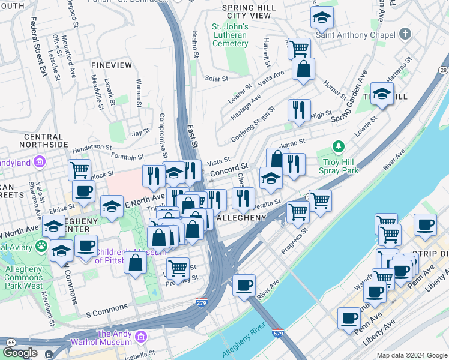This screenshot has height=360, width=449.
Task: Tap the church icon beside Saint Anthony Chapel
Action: click(405, 34)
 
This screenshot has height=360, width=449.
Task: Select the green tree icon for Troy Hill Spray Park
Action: click(339, 146)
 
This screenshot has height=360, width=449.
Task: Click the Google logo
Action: click(20, 353)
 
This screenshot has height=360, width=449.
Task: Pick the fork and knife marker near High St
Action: click(299, 109)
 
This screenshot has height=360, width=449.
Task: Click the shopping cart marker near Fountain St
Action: click(79, 170)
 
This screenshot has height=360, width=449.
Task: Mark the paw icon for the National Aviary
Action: click(41, 246)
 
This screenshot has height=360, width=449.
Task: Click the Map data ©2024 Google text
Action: click(411, 355)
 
